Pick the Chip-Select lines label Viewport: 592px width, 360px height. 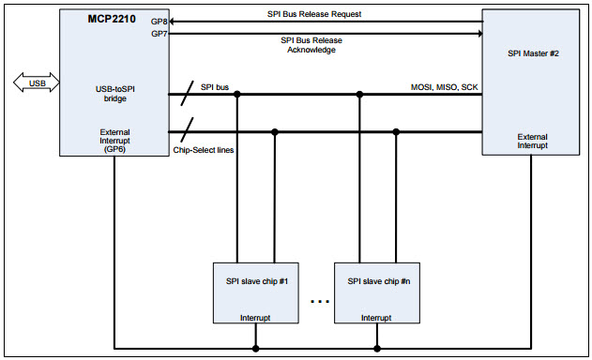click(x=204, y=149)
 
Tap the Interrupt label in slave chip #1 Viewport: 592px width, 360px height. click(x=255, y=318)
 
